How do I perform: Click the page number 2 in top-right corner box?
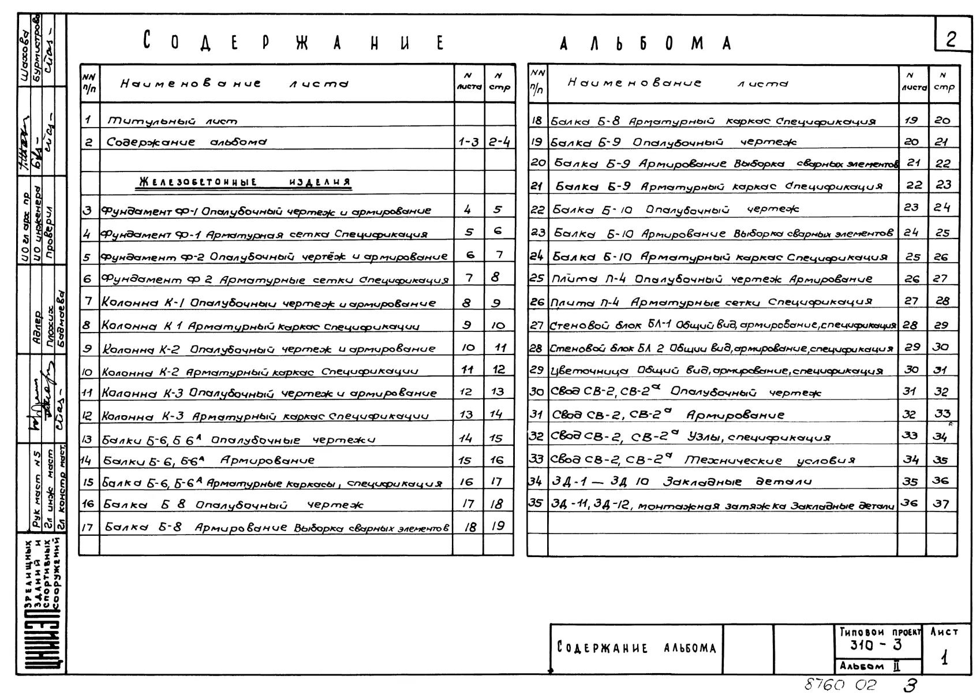(x=951, y=39)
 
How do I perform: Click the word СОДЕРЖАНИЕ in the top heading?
(x=294, y=43)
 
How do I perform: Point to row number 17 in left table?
(x=88, y=527)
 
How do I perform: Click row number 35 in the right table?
(x=536, y=503)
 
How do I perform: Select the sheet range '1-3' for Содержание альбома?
(x=468, y=142)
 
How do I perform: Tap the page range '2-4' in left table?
(x=499, y=142)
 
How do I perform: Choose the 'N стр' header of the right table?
(x=943, y=83)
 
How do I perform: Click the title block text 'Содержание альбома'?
(x=636, y=648)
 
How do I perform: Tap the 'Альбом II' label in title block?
(x=870, y=666)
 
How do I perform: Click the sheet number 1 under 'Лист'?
(x=944, y=658)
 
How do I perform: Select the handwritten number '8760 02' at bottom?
(x=840, y=685)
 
